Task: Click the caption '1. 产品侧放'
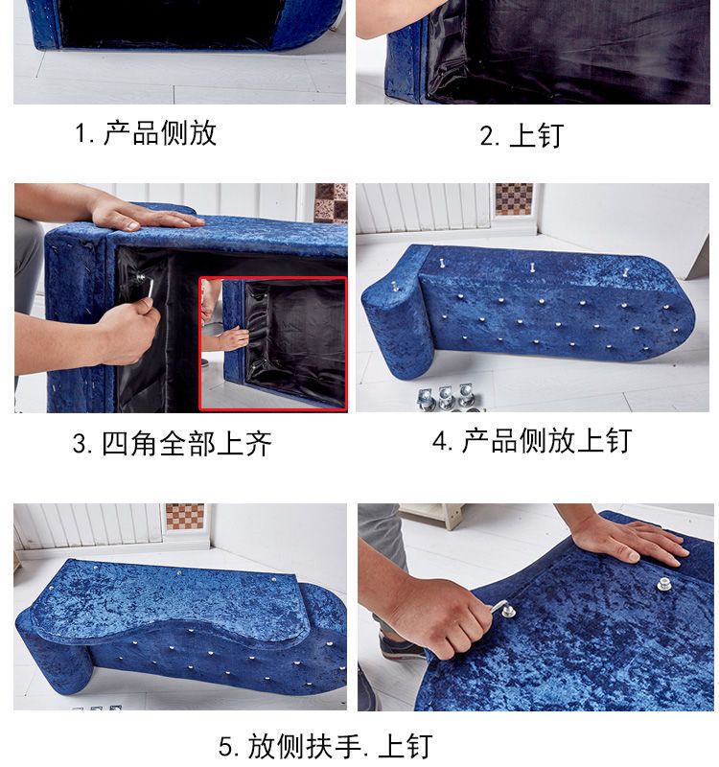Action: (x=146, y=132)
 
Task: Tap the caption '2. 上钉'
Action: (x=522, y=135)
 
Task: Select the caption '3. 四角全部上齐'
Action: (x=172, y=444)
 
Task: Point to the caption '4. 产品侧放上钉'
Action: (x=532, y=440)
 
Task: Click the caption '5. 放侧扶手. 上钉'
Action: (x=325, y=746)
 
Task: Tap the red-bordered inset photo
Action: (x=273, y=343)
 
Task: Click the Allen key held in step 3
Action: (x=146, y=285)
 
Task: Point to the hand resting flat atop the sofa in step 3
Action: (x=147, y=214)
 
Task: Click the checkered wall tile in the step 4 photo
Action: (x=514, y=198)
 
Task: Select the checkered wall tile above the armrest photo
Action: (x=185, y=517)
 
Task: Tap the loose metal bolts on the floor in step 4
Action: (x=447, y=397)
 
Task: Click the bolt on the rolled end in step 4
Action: (x=395, y=286)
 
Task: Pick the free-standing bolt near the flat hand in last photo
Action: (x=663, y=584)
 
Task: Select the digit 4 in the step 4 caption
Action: (x=440, y=441)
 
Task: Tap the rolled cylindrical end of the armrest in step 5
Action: (x=54, y=656)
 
